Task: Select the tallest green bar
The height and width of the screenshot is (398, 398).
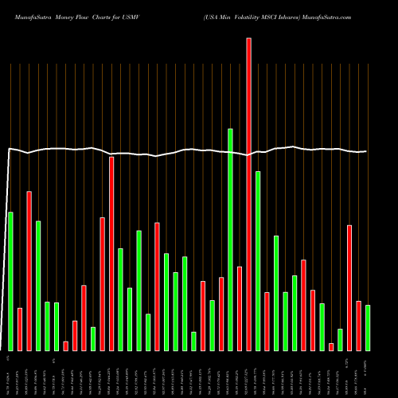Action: (230, 239)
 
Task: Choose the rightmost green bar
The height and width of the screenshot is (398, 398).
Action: (368, 327)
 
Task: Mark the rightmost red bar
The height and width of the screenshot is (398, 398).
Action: (358, 326)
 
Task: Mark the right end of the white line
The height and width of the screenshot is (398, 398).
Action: (367, 151)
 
